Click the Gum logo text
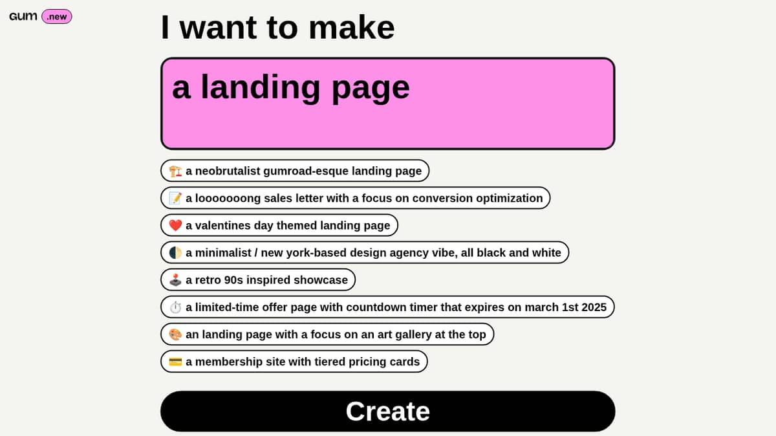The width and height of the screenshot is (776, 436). [x=23, y=16]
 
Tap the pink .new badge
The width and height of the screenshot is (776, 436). [x=57, y=17]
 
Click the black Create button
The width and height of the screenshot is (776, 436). [x=387, y=411]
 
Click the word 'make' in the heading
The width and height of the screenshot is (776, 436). [x=351, y=27]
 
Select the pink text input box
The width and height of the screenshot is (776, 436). [x=387, y=104]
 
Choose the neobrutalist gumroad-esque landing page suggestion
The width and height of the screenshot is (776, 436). [x=295, y=171]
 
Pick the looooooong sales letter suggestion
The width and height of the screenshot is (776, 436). [x=356, y=198]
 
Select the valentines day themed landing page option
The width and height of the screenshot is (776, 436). [x=279, y=225]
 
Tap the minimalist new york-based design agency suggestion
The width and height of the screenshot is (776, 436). [x=365, y=253]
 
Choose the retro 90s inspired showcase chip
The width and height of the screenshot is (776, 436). [x=258, y=279]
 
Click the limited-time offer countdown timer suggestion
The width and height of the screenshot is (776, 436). [x=387, y=307]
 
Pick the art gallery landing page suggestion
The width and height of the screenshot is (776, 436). [x=327, y=334]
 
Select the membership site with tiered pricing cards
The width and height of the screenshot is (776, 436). [x=294, y=362]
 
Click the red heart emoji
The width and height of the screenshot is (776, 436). [x=175, y=225]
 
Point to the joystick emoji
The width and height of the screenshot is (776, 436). [x=175, y=279]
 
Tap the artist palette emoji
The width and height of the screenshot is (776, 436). [x=175, y=334]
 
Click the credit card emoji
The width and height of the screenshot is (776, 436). [x=175, y=362]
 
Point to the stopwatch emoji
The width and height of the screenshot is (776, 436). [x=175, y=307]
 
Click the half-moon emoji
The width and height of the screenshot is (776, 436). [x=175, y=253]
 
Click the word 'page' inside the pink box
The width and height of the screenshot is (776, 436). [x=371, y=89]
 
